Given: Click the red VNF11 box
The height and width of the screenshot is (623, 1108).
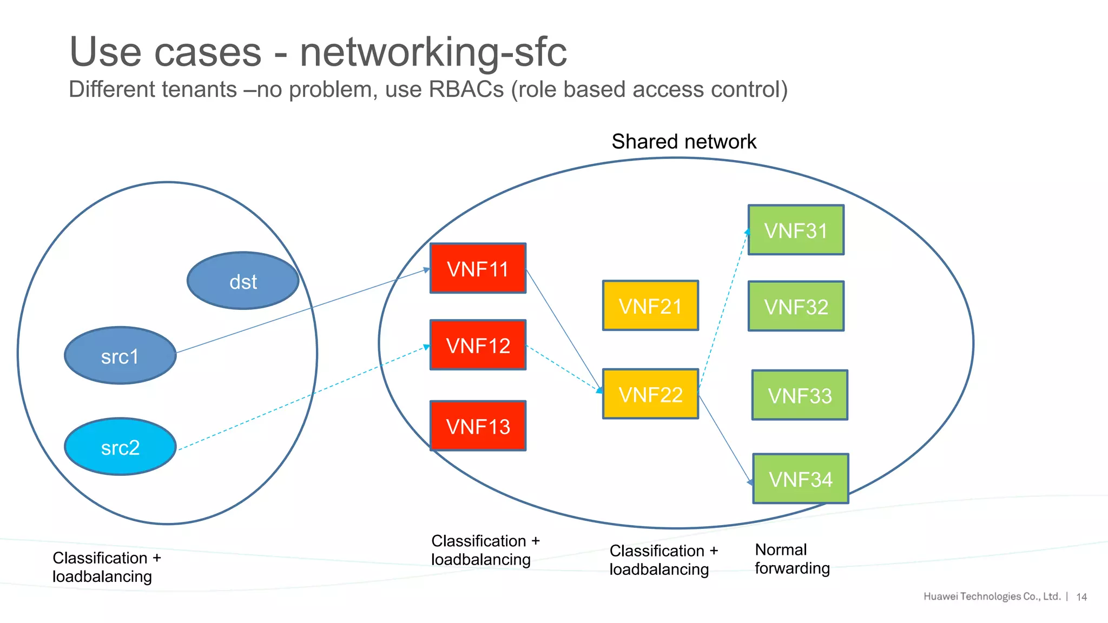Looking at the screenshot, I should (x=478, y=268).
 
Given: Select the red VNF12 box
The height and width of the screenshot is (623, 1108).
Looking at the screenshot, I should (x=478, y=345).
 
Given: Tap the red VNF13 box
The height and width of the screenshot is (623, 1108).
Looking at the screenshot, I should (x=478, y=426).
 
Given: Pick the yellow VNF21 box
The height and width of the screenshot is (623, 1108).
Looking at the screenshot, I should (x=650, y=306).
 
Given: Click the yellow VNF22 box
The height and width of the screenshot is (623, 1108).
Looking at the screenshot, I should (x=650, y=394).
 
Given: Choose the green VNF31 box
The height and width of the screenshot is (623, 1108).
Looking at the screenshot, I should (x=796, y=230).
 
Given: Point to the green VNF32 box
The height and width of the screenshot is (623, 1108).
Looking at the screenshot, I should (x=796, y=306).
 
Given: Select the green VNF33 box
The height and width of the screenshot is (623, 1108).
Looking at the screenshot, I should (x=800, y=395).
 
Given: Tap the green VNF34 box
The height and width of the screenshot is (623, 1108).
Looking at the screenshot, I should (x=800, y=479).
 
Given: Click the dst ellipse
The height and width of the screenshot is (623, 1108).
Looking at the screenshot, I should (x=243, y=281).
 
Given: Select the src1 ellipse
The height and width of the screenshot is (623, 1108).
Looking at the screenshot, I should (x=120, y=356).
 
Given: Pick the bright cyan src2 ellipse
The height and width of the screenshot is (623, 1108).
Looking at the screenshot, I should (x=120, y=447).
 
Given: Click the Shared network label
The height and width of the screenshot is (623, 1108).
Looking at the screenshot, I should (x=684, y=142).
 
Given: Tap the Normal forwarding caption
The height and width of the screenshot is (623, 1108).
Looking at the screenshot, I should (x=792, y=559).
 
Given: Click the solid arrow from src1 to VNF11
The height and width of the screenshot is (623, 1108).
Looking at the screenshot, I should (x=303, y=311).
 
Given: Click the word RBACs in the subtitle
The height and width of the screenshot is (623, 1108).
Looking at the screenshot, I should (x=466, y=90).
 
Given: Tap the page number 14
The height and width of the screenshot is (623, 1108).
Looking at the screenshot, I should (x=1081, y=597).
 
